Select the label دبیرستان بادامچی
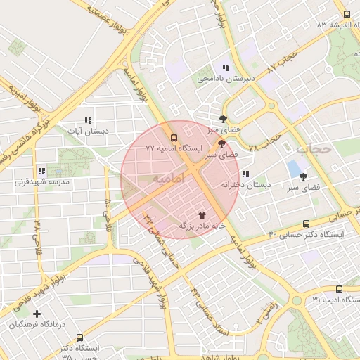[225, 79]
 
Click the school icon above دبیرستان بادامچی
[225, 67]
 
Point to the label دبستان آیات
[87, 131]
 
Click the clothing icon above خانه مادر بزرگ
[202, 216]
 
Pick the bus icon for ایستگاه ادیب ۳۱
[340, 289]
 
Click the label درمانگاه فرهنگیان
[37, 324]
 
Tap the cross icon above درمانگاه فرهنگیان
[37, 313]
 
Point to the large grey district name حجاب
[314, 148]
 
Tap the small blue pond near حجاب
[292, 169]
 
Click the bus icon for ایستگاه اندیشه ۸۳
[347, 14]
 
